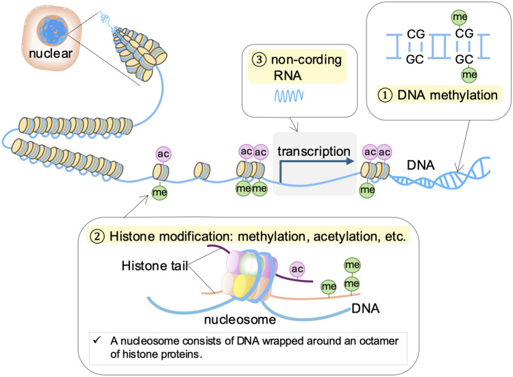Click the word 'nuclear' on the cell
[51, 53]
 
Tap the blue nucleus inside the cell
[52, 30]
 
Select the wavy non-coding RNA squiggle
[289, 96]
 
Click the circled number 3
[259, 60]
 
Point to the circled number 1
[385, 95]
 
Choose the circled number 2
[97, 236]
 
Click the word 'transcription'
[314, 151]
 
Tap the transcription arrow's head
[351, 161]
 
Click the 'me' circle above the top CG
[460, 17]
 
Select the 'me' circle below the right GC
[469, 75]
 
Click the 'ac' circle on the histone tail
[297, 269]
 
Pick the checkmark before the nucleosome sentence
[97, 340]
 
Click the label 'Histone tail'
[155, 266]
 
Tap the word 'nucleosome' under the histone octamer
[240, 320]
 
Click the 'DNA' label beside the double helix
[421, 165]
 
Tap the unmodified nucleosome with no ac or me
[202, 171]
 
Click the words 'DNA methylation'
[447, 95]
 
